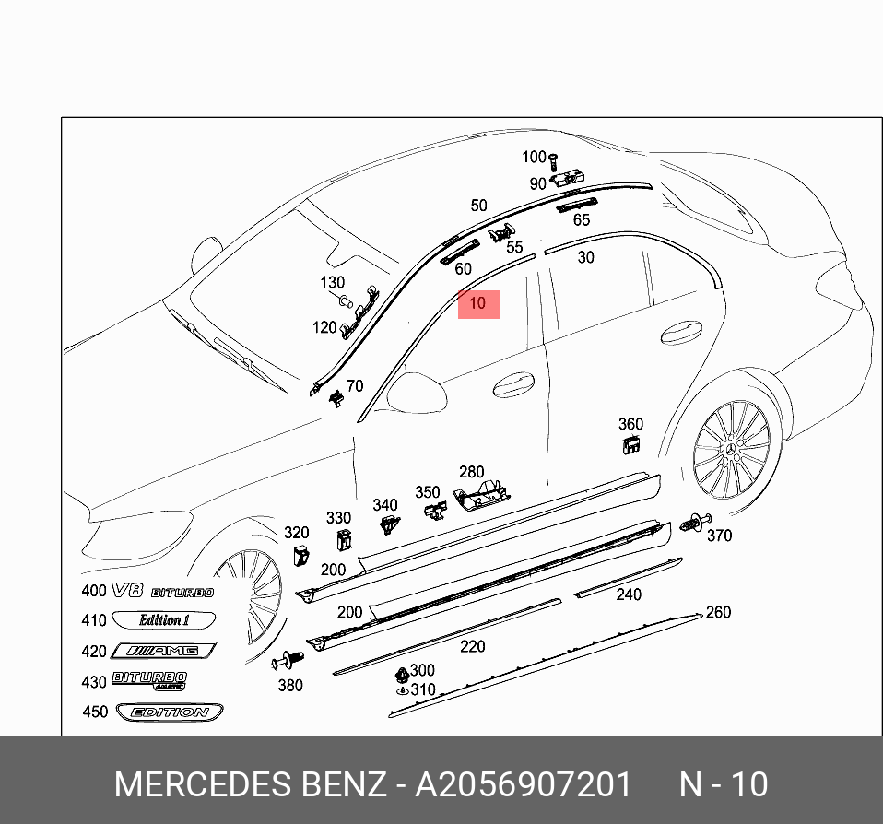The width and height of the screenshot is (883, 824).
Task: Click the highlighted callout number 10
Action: click(x=477, y=303)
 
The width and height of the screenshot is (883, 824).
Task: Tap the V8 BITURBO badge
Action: click(x=161, y=592)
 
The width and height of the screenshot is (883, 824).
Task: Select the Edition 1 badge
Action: click(x=164, y=620)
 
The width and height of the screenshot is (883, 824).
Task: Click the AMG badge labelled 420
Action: click(x=164, y=652)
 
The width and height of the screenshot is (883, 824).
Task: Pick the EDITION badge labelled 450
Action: click(x=169, y=712)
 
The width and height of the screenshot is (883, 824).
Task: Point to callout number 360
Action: click(x=630, y=424)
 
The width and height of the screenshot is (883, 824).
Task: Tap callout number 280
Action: click(x=471, y=473)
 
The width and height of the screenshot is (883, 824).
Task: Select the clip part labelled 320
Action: click(x=301, y=556)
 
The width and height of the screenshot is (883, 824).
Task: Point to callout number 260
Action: click(x=717, y=613)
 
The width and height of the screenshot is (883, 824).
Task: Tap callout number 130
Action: click(x=332, y=283)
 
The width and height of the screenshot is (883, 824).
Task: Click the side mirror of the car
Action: click(x=416, y=388)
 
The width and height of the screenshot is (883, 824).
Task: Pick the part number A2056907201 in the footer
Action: click(x=524, y=784)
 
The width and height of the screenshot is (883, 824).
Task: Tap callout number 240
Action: click(x=629, y=594)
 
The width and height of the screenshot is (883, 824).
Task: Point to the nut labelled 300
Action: click(x=402, y=673)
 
